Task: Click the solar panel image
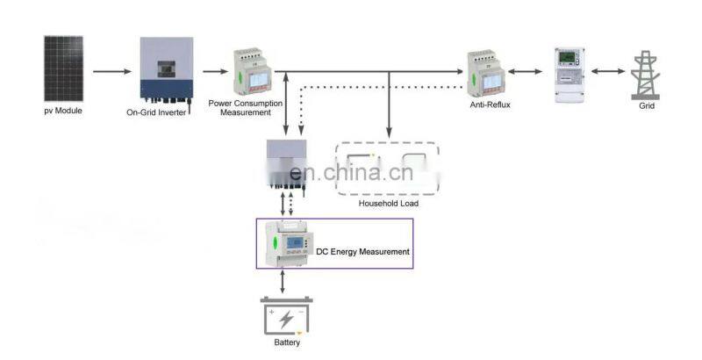click(64, 68)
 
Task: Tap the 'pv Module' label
click(63, 112)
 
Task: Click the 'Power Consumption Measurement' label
click(246, 107)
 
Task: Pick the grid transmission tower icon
click(646, 71)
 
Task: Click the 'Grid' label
click(647, 105)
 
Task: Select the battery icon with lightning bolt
click(286, 317)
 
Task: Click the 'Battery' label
click(287, 342)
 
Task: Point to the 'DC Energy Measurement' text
click(363, 252)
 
